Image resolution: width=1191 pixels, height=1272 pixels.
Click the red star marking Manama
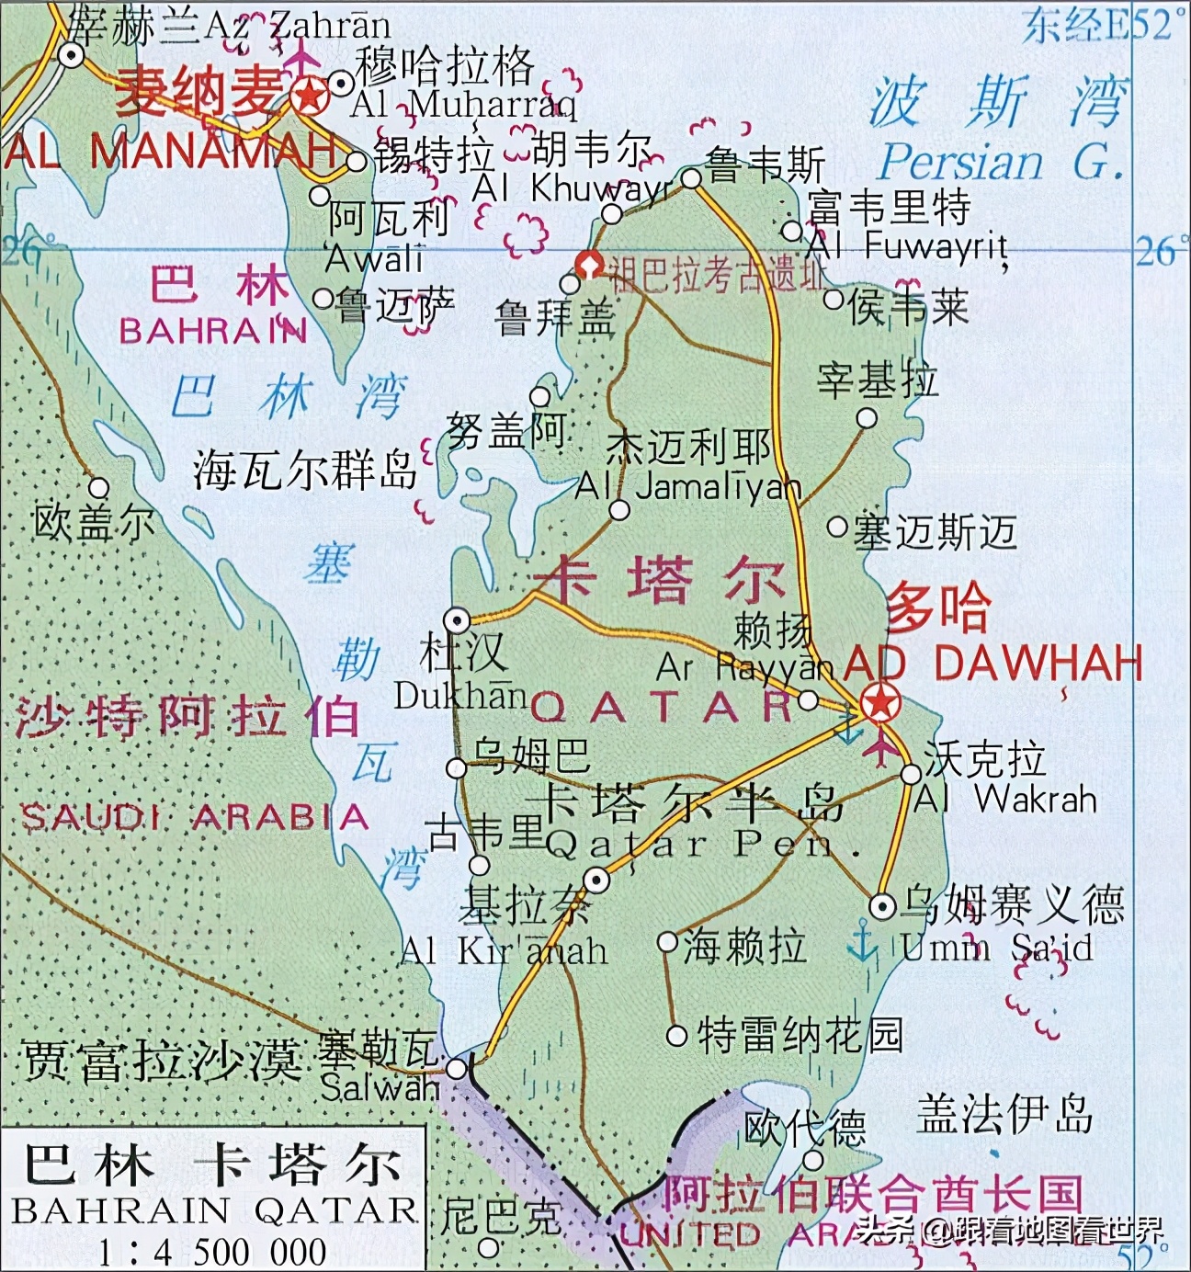(x=309, y=95)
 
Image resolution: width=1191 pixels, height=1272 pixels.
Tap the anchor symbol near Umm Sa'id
(x=862, y=943)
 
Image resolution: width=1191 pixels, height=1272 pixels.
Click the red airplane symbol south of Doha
(x=880, y=745)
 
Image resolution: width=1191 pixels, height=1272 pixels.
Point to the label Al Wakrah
(x=1006, y=799)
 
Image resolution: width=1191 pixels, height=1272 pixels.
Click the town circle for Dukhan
(x=457, y=619)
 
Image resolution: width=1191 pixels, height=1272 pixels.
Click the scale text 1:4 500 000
(x=212, y=1252)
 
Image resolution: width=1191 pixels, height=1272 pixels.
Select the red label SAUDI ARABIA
(x=194, y=816)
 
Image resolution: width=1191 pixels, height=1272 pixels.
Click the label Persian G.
(x=1001, y=163)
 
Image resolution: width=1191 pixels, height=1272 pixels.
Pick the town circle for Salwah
(x=457, y=1068)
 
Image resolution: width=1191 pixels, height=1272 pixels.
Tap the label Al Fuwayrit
(x=908, y=244)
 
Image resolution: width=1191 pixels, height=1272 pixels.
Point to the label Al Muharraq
(x=464, y=104)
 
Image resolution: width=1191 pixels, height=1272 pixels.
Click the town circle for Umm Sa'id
(x=882, y=907)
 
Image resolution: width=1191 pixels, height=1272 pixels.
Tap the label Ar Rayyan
(x=744, y=666)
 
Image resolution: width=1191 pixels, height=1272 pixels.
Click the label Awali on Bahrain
(x=375, y=258)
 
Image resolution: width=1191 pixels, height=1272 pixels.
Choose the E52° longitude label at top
(x=1099, y=26)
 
